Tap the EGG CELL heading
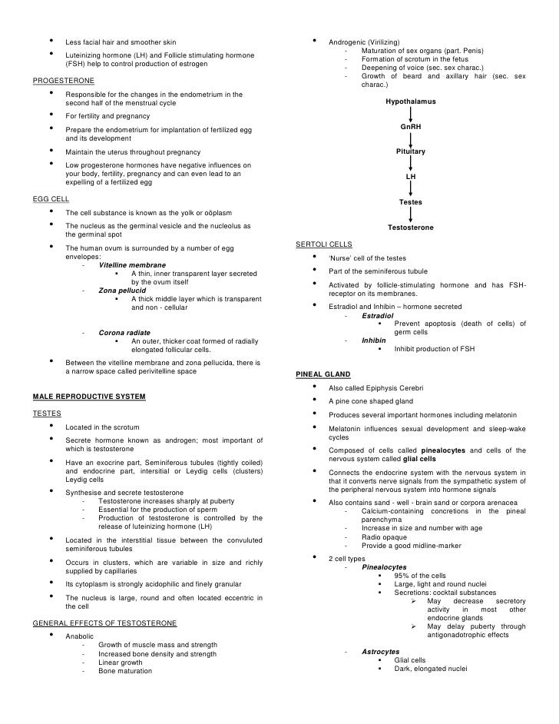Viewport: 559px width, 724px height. [x=51, y=198]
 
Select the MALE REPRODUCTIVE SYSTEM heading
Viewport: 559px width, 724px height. [x=89, y=396]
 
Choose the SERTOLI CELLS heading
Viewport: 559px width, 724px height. [x=323, y=244]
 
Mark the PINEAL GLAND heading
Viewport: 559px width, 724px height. [x=321, y=374]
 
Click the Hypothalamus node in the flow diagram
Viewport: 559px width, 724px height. [x=410, y=101]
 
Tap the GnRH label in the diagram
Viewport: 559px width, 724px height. [x=410, y=127]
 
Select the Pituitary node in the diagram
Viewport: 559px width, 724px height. [x=410, y=152]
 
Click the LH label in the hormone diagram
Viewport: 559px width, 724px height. [x=410, y=177]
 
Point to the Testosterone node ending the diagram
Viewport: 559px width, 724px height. [x=410, y=227]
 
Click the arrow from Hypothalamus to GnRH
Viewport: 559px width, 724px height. [x=410, y=114]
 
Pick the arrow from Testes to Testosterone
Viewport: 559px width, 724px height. [x=410, y=214]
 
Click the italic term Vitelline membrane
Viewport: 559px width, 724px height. [x=131, y=264]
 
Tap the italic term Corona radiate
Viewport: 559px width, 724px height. [x=124, y=333]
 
